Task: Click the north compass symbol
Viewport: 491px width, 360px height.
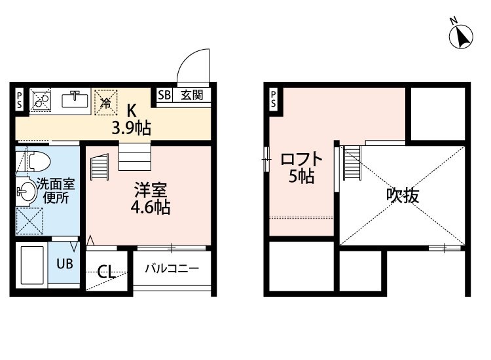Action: point(461,35)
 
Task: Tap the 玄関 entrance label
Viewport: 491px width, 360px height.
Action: point(192,95)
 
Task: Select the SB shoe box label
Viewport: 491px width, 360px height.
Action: point(164,95)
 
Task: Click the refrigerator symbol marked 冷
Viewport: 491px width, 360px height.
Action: point(105,101)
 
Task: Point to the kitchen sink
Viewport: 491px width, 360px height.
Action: point(75,100)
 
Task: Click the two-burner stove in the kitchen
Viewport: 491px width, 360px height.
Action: point(41,100)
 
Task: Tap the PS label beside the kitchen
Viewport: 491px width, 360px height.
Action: point(20,99)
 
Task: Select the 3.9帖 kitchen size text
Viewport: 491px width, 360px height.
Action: point(131,128)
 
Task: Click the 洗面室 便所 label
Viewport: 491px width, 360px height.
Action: point(56,190)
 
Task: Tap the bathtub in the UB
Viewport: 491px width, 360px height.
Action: point(32,264)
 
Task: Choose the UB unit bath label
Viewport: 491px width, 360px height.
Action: point(64,264)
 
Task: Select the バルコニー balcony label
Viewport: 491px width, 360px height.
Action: point(172,268)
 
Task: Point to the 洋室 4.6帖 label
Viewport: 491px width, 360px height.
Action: point(152,199)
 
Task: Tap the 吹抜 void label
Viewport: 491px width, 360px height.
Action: point(402,194)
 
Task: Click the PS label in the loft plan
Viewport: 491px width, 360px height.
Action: point(273,99)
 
